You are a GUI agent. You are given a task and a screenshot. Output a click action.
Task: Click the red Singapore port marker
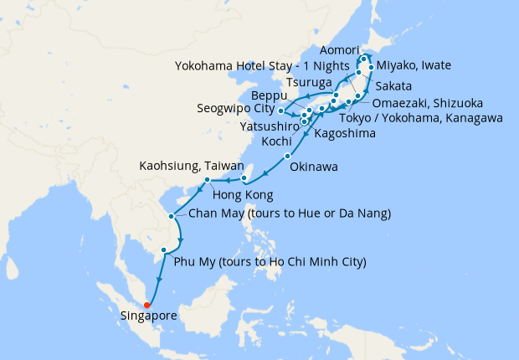coord(147,305)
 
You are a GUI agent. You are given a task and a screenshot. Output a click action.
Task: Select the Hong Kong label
coord(244,195)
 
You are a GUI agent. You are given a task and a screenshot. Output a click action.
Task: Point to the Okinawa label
coord(314,167)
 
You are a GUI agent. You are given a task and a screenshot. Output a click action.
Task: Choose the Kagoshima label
coord(345,132)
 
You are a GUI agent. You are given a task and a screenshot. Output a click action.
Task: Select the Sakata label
coord(394,85)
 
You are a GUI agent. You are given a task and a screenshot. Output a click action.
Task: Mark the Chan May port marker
coord(172,216)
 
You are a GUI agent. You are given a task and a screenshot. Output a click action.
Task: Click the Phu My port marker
coord(164,249)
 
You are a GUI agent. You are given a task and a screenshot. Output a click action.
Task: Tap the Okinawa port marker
coord(287,157)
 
